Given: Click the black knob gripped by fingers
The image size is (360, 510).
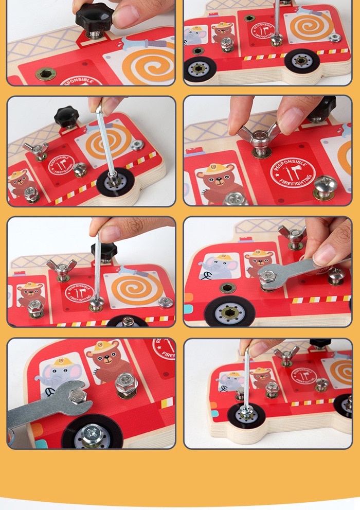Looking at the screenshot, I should point(95,19).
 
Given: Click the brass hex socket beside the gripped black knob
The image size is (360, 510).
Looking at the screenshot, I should point(46,74).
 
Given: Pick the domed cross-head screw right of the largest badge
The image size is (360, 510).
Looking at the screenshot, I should point(325,185).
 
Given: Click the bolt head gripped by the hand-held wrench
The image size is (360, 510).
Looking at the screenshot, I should point(267,277).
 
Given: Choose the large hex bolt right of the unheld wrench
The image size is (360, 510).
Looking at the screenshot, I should point(125,383).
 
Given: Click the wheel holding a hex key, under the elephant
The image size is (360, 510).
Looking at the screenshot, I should point(246,414).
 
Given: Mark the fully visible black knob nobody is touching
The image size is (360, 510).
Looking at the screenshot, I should point(67,116).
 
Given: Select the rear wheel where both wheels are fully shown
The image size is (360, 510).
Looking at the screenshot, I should point(302,61).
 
